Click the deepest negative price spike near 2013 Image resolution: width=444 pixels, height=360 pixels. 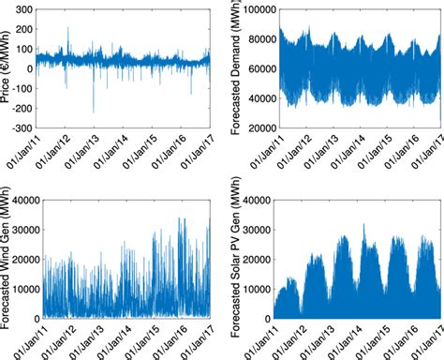click(93, 112)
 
